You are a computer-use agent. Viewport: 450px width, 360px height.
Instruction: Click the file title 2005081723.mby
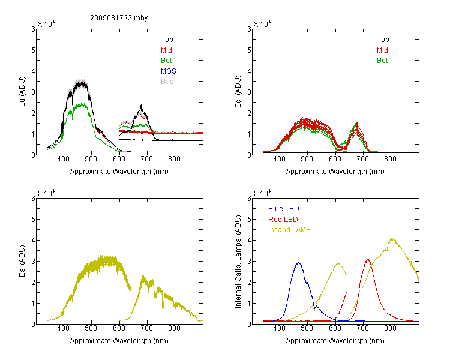click(119, 18)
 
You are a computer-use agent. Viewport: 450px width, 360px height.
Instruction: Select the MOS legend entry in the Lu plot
click(169, 71)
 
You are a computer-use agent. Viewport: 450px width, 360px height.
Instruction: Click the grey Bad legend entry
click(167, 82)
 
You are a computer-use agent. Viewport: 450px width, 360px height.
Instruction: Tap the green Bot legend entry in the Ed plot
click(382, 61)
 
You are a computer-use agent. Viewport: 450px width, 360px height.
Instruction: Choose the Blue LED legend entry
click(284, 209)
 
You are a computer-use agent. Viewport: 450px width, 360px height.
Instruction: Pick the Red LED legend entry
click(283, 220)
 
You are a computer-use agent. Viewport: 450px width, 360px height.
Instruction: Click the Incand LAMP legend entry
click(289, 230)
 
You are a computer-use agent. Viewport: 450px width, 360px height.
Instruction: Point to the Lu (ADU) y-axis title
click(22, 92)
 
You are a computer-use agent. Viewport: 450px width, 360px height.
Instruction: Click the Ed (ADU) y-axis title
click(238, 92)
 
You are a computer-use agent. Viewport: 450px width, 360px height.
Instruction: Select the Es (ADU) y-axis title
click(22, 261)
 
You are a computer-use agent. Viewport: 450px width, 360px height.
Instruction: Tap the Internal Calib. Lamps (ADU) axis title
click(238, 262)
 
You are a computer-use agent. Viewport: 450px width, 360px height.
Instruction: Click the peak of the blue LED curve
click(299, 262)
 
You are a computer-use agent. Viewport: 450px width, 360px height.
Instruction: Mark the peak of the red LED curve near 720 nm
click(368, 259)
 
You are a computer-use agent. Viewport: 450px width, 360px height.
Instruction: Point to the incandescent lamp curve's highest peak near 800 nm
click(392, 238)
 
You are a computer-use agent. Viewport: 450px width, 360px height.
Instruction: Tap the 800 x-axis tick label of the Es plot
click(174, 328)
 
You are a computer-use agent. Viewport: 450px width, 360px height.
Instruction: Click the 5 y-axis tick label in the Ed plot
click(249, 50)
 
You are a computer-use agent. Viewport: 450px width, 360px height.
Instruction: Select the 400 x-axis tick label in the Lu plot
click(64, 159)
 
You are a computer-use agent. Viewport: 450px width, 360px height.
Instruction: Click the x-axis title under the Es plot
click(119, 341)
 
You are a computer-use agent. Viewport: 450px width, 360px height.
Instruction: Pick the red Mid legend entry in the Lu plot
click(166, 50)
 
